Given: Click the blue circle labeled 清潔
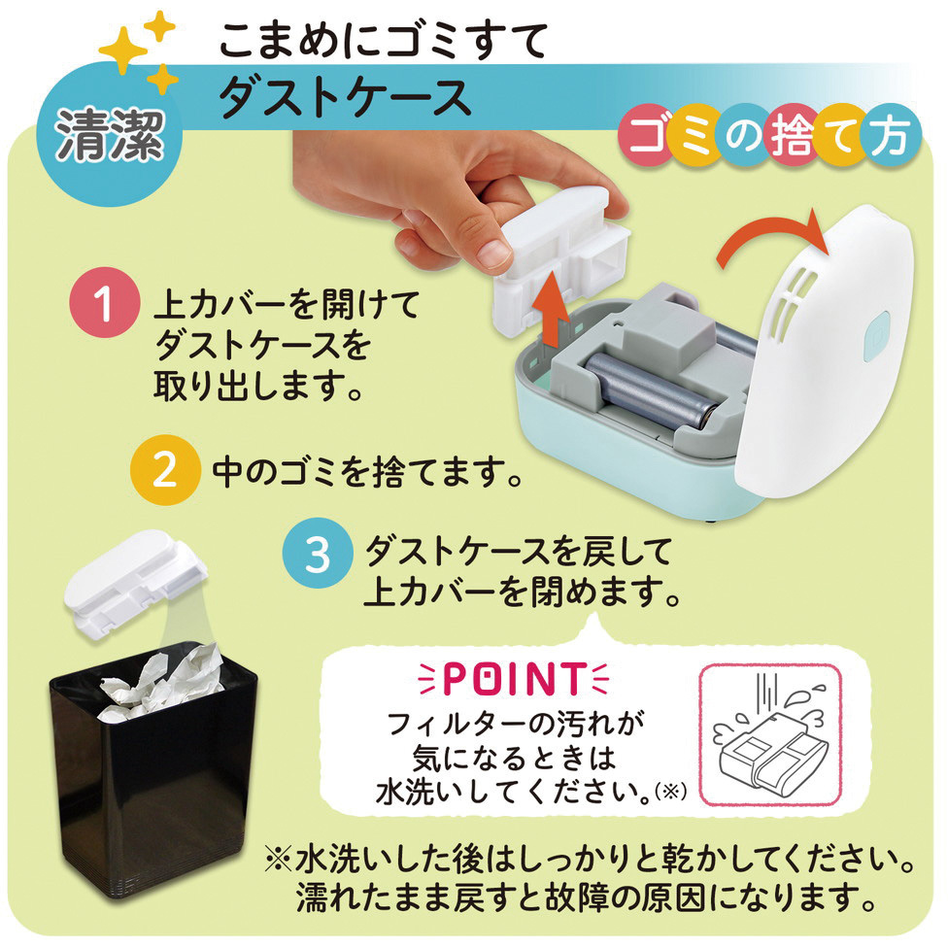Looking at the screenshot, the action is (110, 134).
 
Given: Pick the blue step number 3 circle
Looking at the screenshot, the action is (318, 554).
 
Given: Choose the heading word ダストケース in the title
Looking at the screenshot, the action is (345, 97).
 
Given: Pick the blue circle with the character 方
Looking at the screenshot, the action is (891, 135).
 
